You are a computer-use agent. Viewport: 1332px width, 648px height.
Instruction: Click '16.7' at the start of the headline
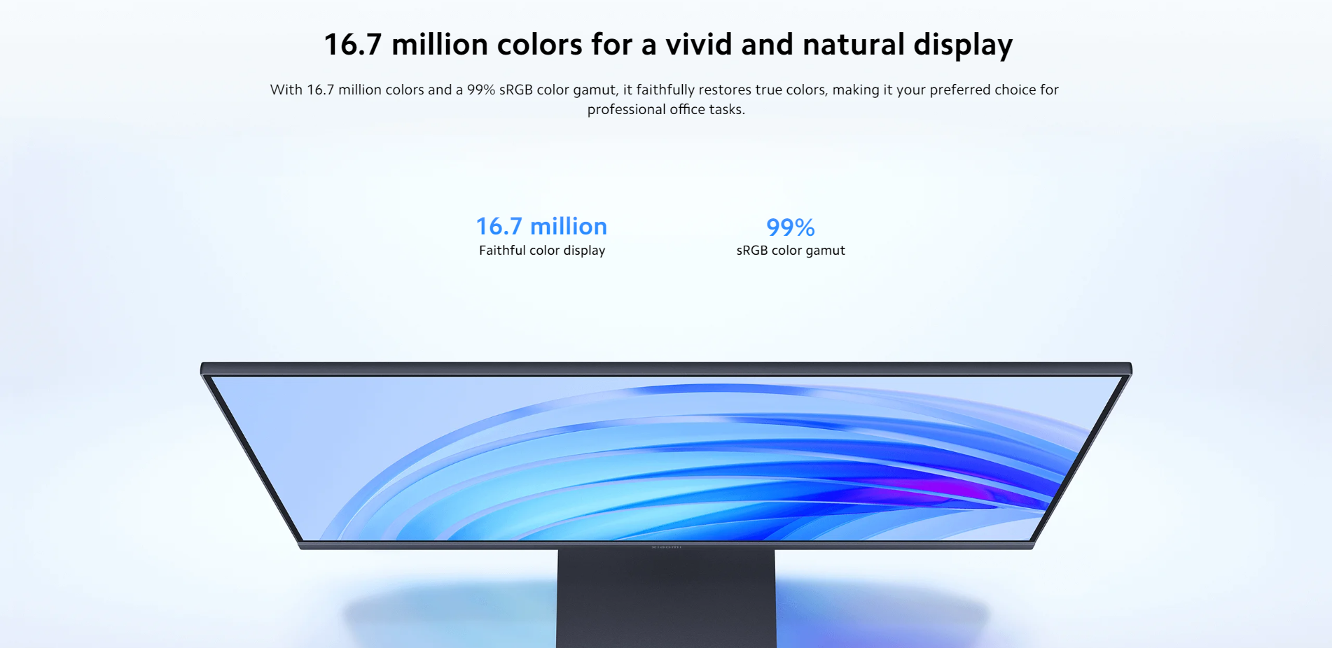click(353, 45)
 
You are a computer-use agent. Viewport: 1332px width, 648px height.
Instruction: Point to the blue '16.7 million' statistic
click(541, 226)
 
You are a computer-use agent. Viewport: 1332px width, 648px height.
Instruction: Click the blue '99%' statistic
click(790, 227)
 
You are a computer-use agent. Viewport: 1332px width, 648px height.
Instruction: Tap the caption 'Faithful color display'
click(542, 251)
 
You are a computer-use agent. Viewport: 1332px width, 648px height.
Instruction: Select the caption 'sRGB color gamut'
click(791, 251)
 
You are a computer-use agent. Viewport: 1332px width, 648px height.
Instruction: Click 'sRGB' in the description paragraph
click(515, 90)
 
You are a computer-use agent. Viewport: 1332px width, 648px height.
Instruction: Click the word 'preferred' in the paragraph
click(959, 90)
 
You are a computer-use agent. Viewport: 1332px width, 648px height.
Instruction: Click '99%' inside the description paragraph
click(481, 90)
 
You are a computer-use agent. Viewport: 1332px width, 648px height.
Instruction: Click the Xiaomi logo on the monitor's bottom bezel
click(666, 547)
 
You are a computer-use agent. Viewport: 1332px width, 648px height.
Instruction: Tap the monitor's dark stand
click(666, 598)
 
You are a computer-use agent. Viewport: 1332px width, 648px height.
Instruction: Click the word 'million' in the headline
click(439, 45)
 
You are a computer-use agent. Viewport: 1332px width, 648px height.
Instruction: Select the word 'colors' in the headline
click(539, 45)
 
